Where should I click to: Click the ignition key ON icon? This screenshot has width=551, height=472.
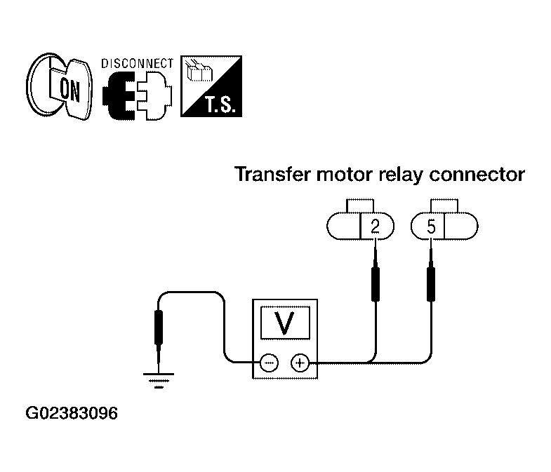point(59,86)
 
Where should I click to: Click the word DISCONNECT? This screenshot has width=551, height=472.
point(137,64)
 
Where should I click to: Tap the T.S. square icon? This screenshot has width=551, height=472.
point(211,86)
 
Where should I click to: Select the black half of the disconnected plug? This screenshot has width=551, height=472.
point(119,95)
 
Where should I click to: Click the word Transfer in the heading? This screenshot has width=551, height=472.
point(272,175)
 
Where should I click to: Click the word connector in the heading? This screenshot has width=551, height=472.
point(477,175)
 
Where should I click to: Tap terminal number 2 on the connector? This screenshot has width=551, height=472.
point(376,227)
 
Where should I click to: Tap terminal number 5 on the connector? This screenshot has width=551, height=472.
point(431,227)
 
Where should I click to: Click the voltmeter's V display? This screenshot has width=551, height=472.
point(285,323)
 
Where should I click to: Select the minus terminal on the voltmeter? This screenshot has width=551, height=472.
point(269,363)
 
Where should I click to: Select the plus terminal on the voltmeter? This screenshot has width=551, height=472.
point(300,363)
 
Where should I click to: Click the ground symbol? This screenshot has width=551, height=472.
point(159,381)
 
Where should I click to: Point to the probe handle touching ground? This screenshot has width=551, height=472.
point(159,328)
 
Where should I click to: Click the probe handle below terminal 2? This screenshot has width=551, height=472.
point(376,284)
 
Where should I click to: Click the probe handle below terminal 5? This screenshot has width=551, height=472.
point(431,284)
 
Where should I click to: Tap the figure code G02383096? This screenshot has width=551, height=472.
point(72,413)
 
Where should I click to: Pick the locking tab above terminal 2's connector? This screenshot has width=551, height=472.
point(360,205)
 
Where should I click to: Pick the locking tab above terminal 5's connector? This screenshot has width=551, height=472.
point(444,205)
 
